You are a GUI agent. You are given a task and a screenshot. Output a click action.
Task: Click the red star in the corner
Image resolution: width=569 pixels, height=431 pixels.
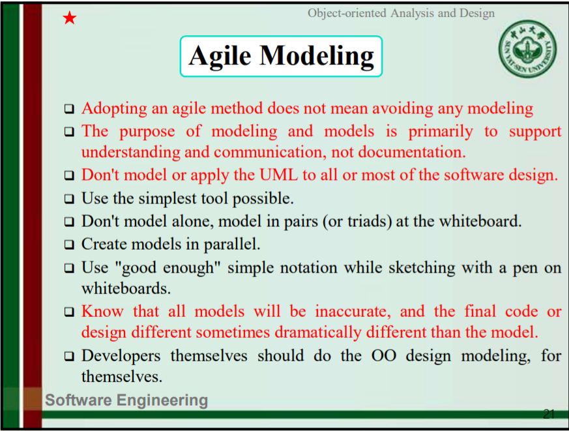click(69, 18)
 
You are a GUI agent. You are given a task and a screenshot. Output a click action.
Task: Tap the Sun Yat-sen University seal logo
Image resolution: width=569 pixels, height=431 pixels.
click(527, 49)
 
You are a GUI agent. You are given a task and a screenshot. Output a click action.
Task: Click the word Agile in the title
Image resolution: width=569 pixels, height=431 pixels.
click(220, 57)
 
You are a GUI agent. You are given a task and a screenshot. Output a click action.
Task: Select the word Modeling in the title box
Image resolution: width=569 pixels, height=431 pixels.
click(316, 57)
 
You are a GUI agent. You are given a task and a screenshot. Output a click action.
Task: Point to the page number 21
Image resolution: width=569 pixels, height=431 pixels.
click(549, 414)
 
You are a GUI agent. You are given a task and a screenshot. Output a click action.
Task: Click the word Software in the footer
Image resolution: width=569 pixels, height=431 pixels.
click(78, 400)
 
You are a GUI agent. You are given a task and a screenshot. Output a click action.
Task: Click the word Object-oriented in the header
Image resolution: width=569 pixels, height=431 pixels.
click(347, 13)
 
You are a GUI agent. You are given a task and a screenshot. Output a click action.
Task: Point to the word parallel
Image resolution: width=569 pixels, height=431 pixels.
click(232, 245)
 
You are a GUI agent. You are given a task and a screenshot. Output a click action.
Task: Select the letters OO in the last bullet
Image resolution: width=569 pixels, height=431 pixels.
click(383, 355)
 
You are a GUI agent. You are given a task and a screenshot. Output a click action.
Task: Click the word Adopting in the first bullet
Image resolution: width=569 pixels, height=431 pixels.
click(114, 109)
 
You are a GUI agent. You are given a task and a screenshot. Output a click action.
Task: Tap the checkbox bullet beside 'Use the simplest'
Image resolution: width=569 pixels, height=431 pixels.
click(69, 199)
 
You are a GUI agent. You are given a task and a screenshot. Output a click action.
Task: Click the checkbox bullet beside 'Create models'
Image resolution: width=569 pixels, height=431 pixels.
click(69, 245)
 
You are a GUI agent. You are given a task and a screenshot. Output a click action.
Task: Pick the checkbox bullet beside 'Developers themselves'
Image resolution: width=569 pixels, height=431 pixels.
click(69, 356)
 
